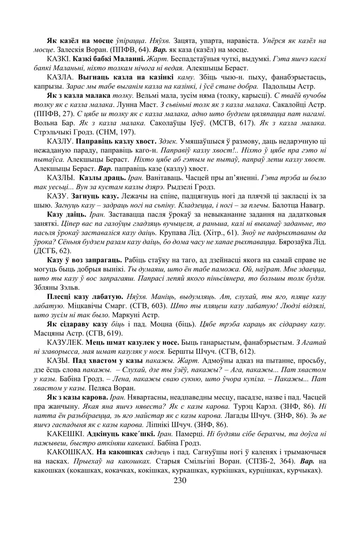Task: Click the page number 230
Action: [180, 481]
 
